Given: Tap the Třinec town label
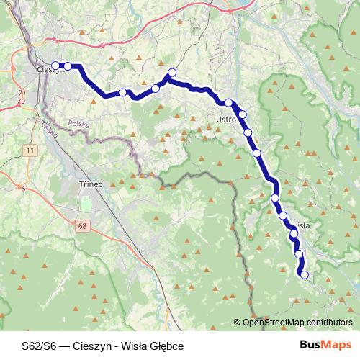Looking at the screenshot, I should click(x=91, y=184).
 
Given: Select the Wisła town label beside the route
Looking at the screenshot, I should click(x=301, y=225).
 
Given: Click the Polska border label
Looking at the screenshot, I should click(x=78, y=124).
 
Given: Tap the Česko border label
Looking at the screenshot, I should click(x=49, y=130).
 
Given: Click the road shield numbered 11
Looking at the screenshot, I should click(x=29, y=150).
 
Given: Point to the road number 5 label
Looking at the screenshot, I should click(x=24, y=189).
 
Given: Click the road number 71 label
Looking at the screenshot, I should click(x=22, y=94).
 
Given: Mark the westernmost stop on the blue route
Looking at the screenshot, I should click(x=55, y=66).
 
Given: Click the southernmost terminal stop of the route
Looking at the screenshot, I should click(x=304, y=274).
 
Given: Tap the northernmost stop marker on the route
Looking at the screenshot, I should click(x=172, y=71).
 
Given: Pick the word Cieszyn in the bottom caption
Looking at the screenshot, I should click(x=91, y=346).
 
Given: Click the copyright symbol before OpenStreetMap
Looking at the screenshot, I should click(x=238, y=323).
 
